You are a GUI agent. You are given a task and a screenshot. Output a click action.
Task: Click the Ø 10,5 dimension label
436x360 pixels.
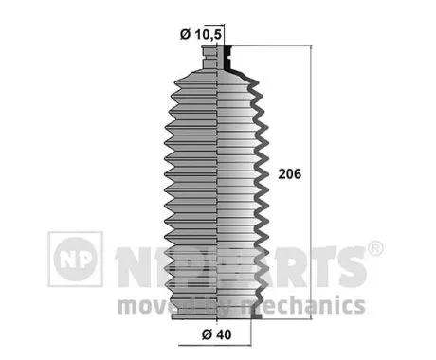(202, 35)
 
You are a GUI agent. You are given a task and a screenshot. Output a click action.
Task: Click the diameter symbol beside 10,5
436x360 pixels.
(184, 35)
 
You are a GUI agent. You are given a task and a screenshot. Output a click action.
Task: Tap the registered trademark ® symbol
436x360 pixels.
(374, 249)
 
